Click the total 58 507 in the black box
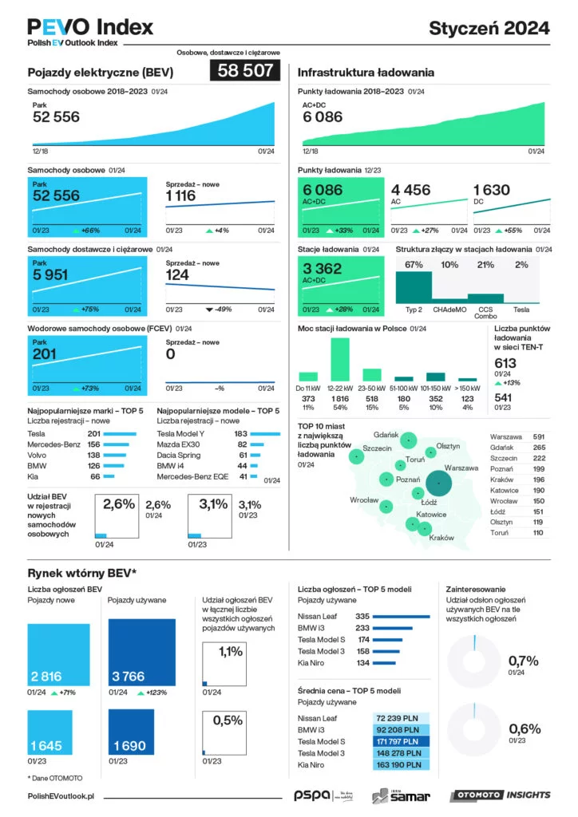245,71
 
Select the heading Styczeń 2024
489,28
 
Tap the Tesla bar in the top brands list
121,433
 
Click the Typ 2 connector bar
414,287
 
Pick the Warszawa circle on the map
438,483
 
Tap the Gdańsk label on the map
386,435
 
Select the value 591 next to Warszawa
539,437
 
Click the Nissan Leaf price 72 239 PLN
402,719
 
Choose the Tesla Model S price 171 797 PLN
402,742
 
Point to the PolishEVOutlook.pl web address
61,796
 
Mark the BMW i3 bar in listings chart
394,628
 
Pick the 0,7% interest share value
524,661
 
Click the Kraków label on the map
441,539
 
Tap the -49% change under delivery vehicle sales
222,310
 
